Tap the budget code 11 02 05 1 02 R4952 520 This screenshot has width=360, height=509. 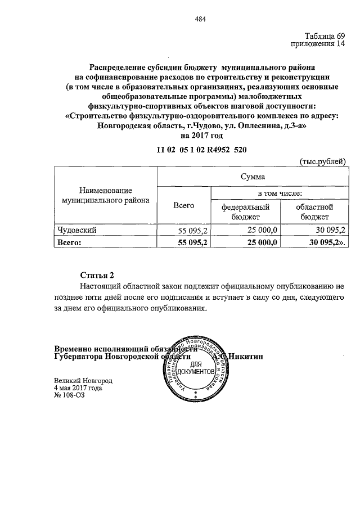coord(201,150)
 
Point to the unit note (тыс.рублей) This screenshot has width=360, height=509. coord(322,161)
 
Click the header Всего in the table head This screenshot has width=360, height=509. coord(183,205)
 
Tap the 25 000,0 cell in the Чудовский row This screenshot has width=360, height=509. coord(263,230)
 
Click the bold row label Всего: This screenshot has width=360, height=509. coord(70,242)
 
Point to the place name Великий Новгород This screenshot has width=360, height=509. coord(83,380)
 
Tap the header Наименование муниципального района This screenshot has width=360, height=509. coord(105,195)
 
